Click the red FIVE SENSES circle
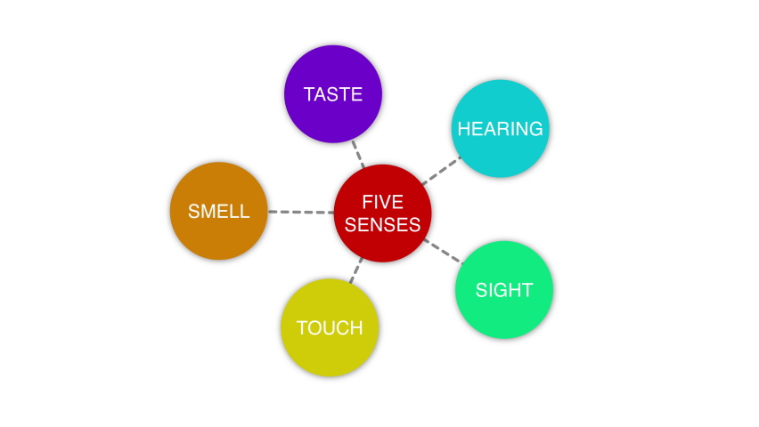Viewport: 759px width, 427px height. [x=382, y=213]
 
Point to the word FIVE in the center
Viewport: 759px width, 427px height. [x=382, y=202]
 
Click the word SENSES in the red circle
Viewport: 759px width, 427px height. [x=382, y=225]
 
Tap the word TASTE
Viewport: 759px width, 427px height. [x=333, y=94]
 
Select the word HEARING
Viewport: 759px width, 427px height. [x=500, y=129]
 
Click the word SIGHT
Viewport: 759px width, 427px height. [x=504, y=290]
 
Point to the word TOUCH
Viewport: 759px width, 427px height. [x=330, y=328]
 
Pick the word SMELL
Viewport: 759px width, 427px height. [x=218, y=212]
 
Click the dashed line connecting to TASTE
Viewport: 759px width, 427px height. [x=358, y=153]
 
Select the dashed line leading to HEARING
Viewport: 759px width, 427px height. [x=441, y=170]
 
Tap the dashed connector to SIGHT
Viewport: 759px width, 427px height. [x=443, y=251]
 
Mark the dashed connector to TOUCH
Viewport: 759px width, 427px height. [x=356, y=270]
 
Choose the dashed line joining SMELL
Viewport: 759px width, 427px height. [x=300, y=212]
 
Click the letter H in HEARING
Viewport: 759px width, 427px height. [x=463, y=129]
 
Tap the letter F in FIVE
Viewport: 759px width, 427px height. [x=366, y=202]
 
